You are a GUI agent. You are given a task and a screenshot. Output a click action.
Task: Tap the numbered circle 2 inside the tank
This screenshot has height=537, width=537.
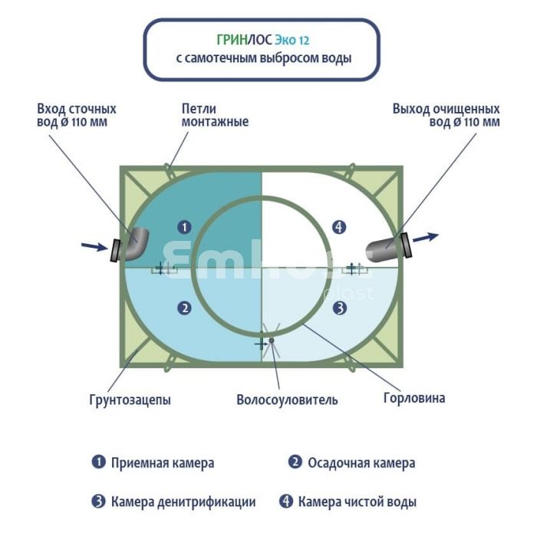tap(184, 308)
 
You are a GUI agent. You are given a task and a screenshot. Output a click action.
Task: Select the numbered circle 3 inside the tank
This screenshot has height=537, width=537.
tap(339, 308)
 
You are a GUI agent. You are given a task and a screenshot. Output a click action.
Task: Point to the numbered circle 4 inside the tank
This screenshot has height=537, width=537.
tap(340, 227)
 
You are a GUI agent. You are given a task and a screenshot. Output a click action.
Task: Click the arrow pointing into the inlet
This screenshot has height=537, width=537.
tap(94, 246)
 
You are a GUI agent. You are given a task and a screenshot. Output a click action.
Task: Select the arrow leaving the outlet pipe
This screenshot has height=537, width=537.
tap(427, 237)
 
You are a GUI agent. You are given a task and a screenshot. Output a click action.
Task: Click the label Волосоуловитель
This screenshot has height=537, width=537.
tap(287, 400)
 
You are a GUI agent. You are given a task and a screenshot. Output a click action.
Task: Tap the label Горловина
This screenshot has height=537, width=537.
tap(413, 398)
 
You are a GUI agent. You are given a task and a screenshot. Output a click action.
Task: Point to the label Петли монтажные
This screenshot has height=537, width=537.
tap(215, 115)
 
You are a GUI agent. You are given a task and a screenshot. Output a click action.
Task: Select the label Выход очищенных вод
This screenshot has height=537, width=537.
tap(446, 115)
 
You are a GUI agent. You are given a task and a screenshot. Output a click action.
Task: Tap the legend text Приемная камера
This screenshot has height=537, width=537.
tap(162, 463)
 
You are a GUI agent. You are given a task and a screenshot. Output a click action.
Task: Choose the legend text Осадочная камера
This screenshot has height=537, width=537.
tap(361, 463)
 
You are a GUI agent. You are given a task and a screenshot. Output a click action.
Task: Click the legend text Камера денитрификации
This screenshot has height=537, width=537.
tap(183, 502)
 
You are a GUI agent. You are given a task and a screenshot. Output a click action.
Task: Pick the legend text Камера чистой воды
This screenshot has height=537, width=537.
tap(357, 502)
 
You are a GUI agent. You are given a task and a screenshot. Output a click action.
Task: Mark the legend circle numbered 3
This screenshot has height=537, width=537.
tap(98, 502)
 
